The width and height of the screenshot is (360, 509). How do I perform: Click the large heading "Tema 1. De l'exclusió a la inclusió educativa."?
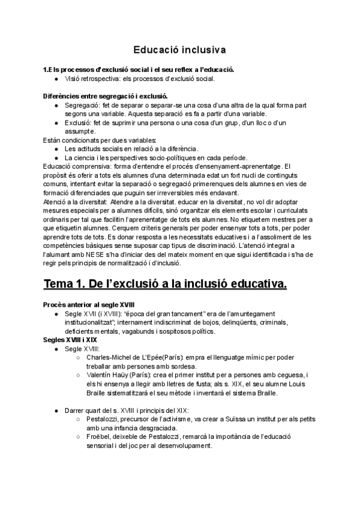pos(165,283)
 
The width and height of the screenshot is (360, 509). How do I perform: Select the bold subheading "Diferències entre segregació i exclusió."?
pos(106,96)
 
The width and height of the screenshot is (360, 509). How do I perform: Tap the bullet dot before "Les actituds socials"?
pos(56,149)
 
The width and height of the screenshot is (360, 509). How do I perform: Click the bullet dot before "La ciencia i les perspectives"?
pos(56,158)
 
